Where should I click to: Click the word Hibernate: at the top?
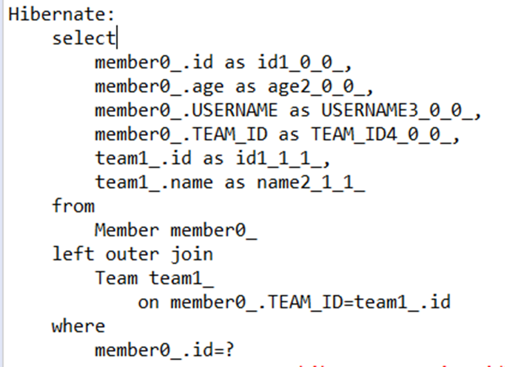pyautogui.click(x=62, y=14)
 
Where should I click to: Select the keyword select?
pyautogui.click(x=84, y=38)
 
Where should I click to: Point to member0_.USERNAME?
pyautogui.click(x=186, y=111)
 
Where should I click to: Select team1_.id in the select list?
pyautogui.click(x=143, y=159)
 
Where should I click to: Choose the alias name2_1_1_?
pyautogui.click(x=310, y=182)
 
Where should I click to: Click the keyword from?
pyautogui.click(x=73, y=206)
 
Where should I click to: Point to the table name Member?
pyautogui.click(x=126, y=230)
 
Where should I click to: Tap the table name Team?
pyautogui.click(x=116, y=278)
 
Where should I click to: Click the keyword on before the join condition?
pyautogui.click(x=148, y=302)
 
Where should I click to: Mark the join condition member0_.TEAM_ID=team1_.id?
pyautogui.click(x=310, y=302)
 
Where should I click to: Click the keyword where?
pyautogui.click(x=78, y=326)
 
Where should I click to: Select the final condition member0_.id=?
pyautogui.click(x=164, y=350)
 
